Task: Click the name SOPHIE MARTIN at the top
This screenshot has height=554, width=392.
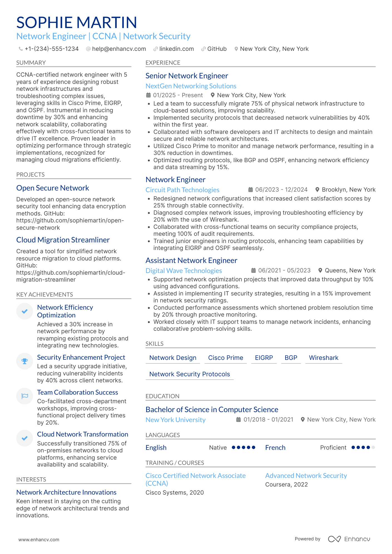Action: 76,22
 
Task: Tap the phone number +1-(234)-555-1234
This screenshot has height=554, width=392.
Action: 51,49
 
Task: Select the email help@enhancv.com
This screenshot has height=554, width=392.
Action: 119,49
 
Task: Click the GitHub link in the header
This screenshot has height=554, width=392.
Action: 217,49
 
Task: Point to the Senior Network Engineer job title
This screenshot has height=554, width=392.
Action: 187,76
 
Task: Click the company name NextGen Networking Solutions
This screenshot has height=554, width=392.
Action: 191,86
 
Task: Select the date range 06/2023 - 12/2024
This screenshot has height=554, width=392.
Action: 281,190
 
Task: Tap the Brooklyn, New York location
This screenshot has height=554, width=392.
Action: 348,190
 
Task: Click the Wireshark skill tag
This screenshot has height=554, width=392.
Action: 323,358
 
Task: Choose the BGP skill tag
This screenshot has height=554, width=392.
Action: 291,358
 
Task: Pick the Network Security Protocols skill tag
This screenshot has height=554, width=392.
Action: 189,374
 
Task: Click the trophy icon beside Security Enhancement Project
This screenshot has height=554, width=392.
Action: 25,361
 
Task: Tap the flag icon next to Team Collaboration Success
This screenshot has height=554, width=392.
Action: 25,396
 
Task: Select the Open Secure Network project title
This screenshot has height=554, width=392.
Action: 53,188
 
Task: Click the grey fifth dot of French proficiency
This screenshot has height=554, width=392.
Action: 373,447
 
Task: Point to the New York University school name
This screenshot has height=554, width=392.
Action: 175,420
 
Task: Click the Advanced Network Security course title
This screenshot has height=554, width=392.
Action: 306,476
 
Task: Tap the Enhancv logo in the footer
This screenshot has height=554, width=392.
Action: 349,539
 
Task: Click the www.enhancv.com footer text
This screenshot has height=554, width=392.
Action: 39,540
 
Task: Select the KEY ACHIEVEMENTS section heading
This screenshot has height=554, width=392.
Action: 44,295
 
